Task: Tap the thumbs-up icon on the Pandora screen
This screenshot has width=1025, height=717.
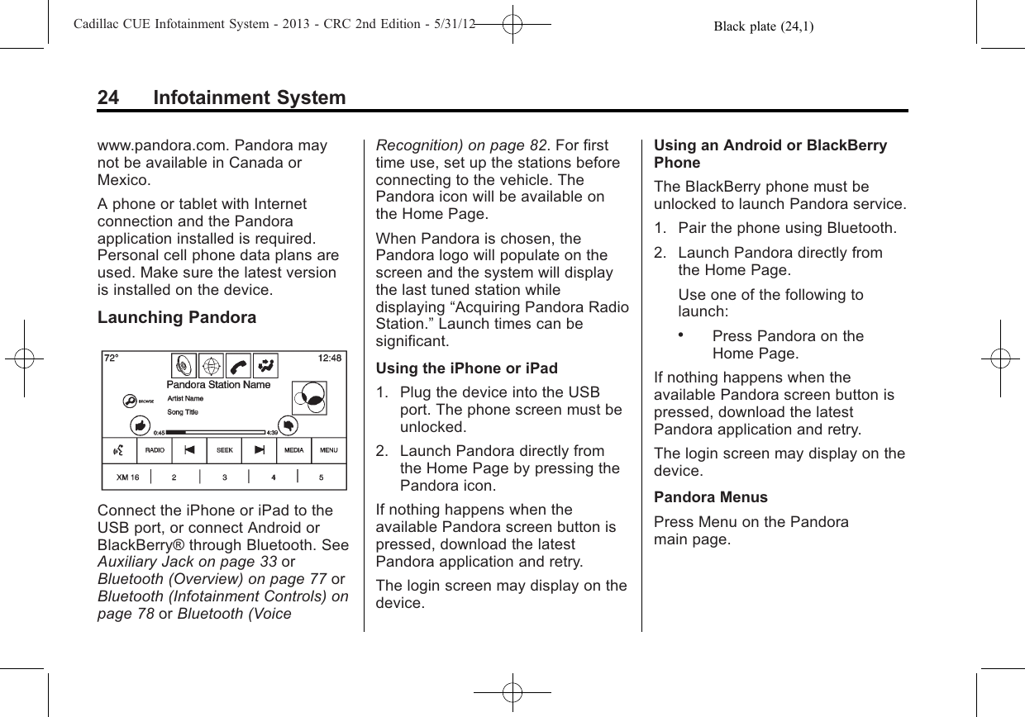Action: point(140,425)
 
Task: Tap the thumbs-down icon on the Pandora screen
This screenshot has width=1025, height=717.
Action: point(288,424)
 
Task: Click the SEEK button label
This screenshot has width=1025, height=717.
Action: point(224,450)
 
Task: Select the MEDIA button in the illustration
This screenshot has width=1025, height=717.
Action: point(293,450)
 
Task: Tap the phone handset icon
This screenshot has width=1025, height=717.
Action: point(237,364)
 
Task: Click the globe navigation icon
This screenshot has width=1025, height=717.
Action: point(210,364)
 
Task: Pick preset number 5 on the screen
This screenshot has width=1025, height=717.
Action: point(322,477)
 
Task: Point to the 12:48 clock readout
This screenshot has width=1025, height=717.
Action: point(329,358)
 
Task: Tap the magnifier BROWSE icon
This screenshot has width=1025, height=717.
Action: point(130,400)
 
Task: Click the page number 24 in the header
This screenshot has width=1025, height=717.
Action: point(108,98)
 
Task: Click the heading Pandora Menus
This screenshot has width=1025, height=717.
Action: point(710,497)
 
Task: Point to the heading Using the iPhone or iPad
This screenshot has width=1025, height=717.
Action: point(466,368)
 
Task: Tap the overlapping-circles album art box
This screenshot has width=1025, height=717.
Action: point(308,398)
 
